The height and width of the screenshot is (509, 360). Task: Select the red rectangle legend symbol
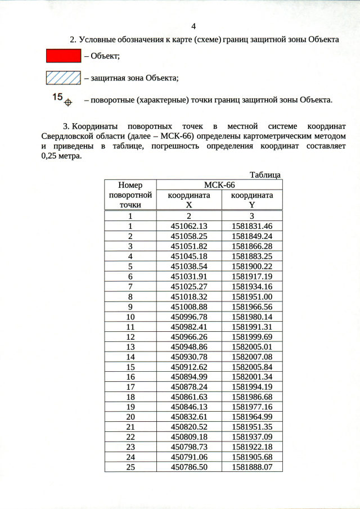click(63, 55)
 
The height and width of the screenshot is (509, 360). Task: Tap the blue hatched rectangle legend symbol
click(63, 77)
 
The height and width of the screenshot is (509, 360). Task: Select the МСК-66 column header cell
click(218, 185)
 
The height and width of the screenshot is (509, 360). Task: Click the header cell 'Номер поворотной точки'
click(130, 195)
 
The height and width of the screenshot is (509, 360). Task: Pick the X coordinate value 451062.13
click(189, 226)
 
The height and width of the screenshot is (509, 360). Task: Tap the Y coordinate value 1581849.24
click(252, 236)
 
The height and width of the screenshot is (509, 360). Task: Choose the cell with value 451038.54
click(189, 266)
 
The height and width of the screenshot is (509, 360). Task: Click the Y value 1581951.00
click(252, 296)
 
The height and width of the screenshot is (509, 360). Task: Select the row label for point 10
click(130, 316)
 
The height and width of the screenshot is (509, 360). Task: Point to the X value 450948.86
click(189, 346)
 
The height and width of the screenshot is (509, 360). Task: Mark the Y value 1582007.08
click(252, 357)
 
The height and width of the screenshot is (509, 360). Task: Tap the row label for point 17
click(130, 387)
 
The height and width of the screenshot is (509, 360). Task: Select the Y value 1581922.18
click(252, 447)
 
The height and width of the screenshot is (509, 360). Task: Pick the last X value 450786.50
click(189, 467)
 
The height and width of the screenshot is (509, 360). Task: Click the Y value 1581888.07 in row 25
click(252, 467)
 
